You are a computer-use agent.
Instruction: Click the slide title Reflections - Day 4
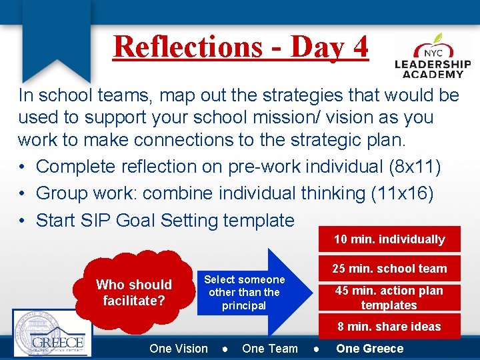coord(241,47)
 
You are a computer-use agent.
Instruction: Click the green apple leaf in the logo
coord(438,39)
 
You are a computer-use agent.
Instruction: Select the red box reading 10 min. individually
coord(389,239)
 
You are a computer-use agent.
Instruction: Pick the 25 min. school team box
coord(389,269)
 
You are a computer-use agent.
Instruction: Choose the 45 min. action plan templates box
coord(389,297)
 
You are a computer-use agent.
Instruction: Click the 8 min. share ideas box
coord(389,327)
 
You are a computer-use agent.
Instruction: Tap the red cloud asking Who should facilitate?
coord(134,292)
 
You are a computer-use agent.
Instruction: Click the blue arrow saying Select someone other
coord(253,292)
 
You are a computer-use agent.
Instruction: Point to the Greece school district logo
coord(52,334)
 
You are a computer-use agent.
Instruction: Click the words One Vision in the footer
coord(179,349)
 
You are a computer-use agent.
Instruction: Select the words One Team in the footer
coord(270,349)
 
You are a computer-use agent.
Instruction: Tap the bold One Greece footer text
coord(369,349)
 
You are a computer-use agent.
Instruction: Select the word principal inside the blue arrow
coord(244,305)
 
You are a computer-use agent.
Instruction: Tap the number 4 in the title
coord(360,47)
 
